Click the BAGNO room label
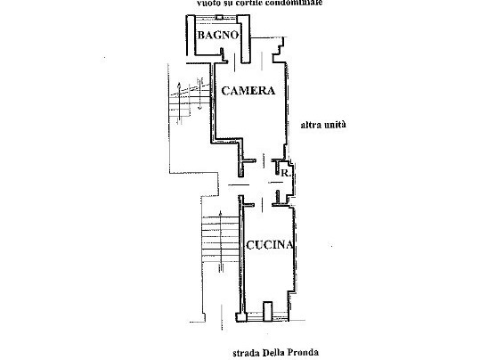[217, 36]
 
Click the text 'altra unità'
[321, 125]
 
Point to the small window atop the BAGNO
[217, 20]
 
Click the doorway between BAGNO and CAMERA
[241, 61]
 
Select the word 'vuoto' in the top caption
[211, 4]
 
